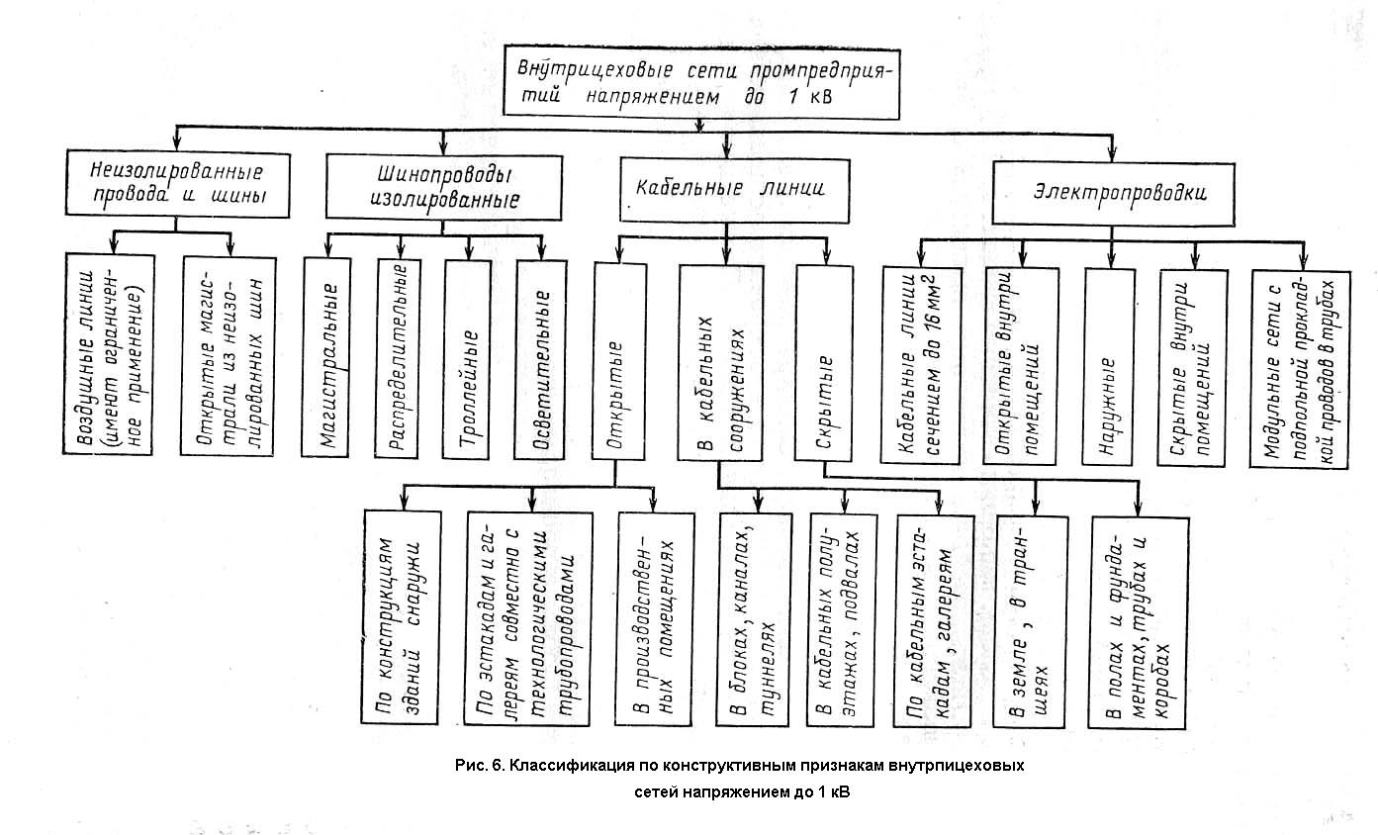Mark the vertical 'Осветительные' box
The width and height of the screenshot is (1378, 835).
pyautogui.click(x=541, y=359)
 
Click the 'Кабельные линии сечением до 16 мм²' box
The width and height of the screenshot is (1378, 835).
pyautogui.click(x=917, y=365)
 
